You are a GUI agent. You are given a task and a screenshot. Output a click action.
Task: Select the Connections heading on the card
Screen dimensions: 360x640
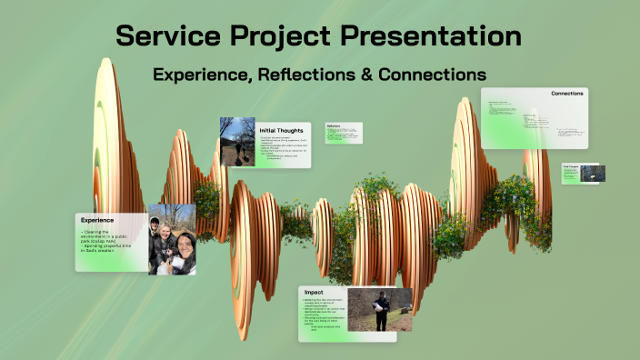(566, 94)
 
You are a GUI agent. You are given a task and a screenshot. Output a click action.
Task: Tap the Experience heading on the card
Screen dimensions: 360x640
(97, 220)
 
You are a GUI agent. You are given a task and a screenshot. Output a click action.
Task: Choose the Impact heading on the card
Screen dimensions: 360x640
(313, 293)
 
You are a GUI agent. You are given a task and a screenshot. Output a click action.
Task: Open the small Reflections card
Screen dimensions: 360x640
(343, 133)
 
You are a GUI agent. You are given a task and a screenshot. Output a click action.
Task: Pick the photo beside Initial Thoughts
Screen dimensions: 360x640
(237, 142)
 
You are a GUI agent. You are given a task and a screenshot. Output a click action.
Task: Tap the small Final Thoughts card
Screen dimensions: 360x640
(583, 174)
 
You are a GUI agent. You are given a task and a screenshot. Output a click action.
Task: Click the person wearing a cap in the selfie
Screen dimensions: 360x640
(155, 227)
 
